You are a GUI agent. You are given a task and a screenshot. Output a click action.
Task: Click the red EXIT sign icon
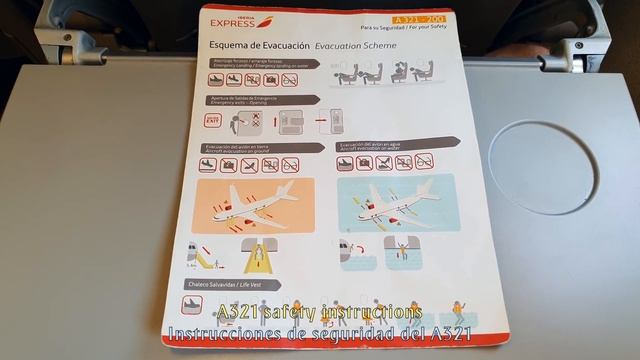pos(212,121)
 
